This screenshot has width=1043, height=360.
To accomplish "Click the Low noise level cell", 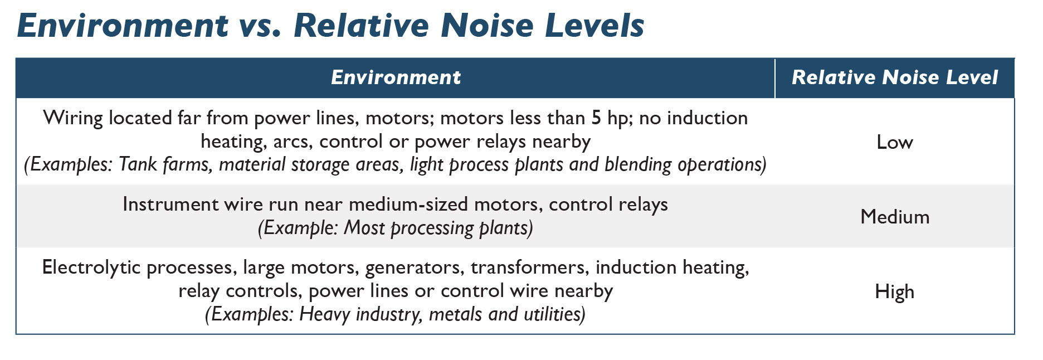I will pos(894,142).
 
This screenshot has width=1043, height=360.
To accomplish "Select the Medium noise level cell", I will pos(894,217).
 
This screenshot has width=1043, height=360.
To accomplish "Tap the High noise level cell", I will pos(894,291).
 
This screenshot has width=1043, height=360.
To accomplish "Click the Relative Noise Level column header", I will pos(894,77).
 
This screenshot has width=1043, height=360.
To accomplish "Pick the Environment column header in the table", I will pos(396,77).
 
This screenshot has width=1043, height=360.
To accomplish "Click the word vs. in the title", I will pos(260,26).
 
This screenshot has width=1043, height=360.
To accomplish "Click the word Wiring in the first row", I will pos(72,118).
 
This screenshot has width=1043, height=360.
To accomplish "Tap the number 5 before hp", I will pos(596,118).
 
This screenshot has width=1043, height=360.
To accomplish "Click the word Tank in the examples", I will pos(138,165).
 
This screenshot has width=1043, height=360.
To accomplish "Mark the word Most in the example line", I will pos(363,228).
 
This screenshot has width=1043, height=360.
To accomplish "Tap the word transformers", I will pos(529,268).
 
